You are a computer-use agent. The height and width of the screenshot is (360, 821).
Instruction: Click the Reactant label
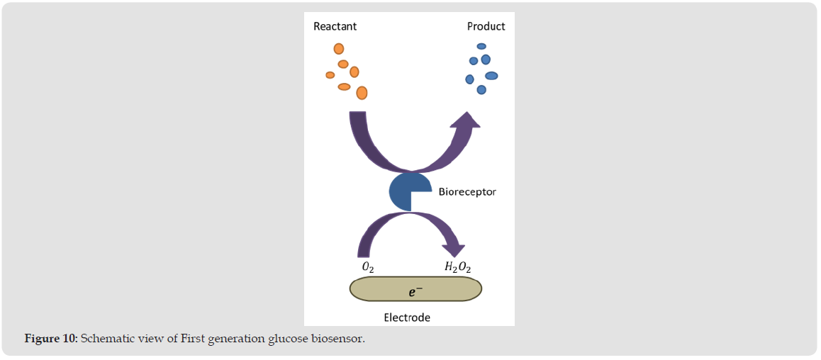335,27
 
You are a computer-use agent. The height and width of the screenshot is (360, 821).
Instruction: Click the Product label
486,27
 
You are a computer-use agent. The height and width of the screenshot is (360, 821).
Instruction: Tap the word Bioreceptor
467,191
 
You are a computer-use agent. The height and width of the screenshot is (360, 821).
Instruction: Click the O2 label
368,266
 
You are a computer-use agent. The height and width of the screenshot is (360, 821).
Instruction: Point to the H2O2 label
457,266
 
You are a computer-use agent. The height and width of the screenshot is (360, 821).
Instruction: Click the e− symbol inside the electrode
416,289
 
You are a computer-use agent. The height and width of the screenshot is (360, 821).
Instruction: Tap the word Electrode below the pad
407,317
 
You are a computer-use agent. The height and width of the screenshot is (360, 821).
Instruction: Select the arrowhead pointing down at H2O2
453,249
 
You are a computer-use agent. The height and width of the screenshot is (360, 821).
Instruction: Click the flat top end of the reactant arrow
358,114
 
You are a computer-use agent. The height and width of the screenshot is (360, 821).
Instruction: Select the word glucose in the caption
288,338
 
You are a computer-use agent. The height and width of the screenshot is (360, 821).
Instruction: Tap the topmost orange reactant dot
339,49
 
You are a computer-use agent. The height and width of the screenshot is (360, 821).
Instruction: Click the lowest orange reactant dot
362,93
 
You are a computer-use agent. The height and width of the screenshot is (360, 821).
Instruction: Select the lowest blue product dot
481,90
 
